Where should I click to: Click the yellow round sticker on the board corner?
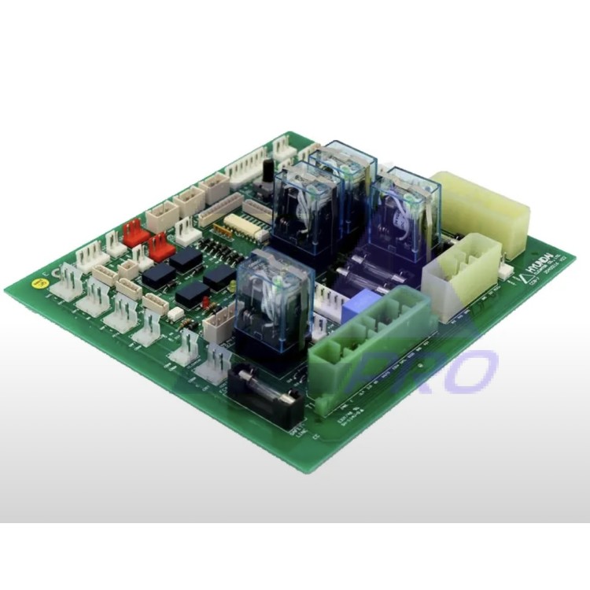[36, 280]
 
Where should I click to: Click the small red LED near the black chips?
[206, 301]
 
